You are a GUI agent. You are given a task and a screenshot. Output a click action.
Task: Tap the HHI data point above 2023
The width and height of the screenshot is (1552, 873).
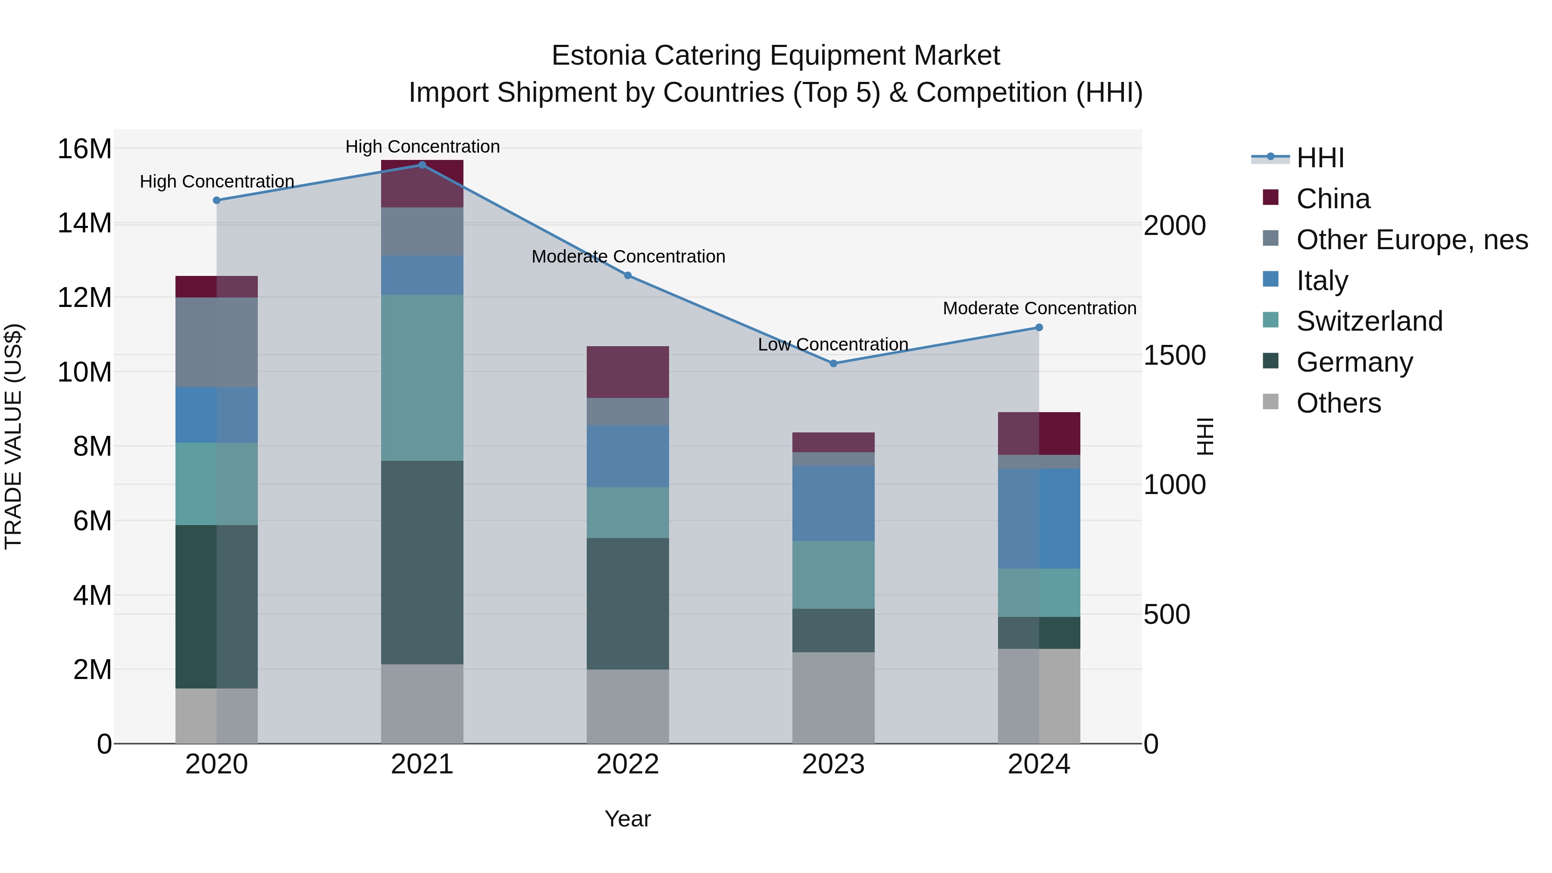833,363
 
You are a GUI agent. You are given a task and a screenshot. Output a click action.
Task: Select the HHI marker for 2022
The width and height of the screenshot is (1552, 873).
627,275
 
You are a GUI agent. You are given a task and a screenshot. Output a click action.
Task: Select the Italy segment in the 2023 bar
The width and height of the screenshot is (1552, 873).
833,503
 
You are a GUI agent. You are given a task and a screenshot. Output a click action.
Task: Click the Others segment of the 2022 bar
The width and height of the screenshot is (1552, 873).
627,706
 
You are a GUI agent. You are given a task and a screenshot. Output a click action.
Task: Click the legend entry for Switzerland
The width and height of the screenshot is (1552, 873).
1369,321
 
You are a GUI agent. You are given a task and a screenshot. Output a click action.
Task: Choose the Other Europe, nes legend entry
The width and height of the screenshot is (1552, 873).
1411,240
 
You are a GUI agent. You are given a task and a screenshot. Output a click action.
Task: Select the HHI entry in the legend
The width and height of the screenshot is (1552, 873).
1320,158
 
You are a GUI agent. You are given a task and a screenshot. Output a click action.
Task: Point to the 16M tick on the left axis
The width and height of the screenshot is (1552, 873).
84,149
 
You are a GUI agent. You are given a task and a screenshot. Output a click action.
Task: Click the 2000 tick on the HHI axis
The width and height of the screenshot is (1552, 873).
1174,226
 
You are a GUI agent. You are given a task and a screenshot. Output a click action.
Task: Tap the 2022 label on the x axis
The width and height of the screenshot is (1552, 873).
627,764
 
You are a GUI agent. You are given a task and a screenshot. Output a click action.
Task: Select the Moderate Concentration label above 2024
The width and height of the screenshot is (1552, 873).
1039,309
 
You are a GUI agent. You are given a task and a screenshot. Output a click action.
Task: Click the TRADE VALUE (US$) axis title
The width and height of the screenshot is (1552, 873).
13,436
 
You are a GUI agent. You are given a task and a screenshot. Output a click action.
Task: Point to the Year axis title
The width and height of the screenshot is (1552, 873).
627,819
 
